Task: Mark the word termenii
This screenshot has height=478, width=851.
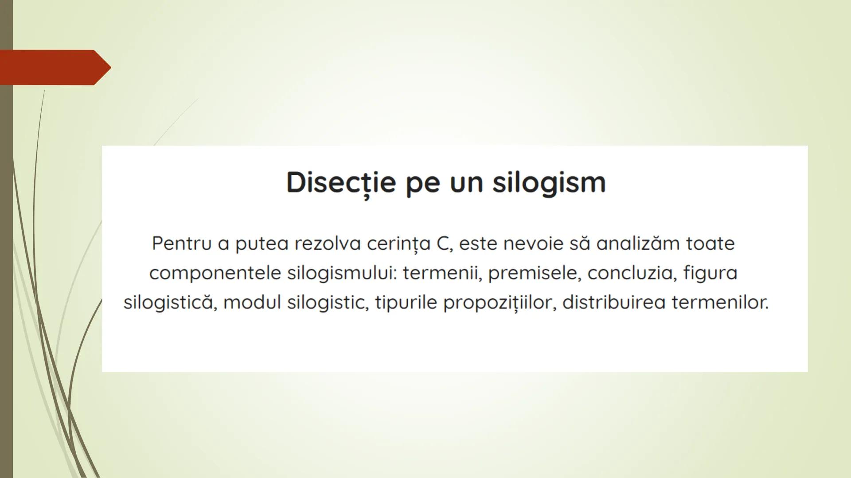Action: click(x=442, y=273)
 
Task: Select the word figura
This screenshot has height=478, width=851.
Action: click(x=710, y=273)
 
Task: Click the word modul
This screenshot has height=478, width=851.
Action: click(x=252, y=303)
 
